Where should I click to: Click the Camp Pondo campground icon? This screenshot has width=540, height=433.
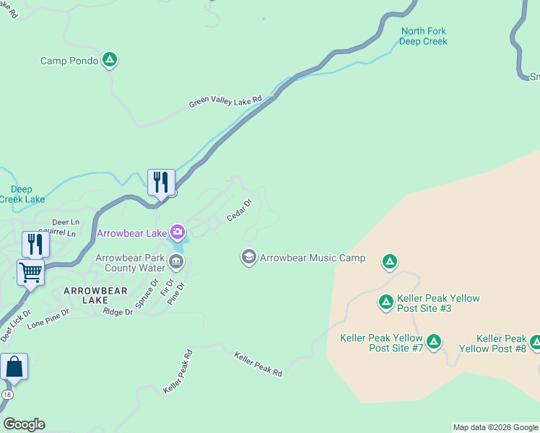point(109,60)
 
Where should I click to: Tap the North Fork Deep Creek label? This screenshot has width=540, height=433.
point(424,36)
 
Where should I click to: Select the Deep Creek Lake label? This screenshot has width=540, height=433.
point(22,194)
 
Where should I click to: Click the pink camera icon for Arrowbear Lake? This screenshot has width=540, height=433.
point(177,232)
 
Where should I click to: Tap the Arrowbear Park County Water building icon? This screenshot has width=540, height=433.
point(175,260)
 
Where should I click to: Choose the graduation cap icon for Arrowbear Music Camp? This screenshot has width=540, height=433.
point(249,258)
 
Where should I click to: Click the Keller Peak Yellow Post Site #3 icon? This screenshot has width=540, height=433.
point(386,302)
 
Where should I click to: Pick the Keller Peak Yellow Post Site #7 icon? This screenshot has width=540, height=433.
point(433,341)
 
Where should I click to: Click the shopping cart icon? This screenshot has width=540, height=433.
point(30,272)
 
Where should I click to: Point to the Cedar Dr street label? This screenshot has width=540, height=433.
point(239,210)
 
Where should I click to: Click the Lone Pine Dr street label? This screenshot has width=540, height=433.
point(48,320)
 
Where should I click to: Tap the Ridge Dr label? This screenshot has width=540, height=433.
point(118,312)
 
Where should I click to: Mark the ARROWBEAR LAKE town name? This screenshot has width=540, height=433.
point(95,295)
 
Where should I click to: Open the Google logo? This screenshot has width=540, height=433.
point(24,424)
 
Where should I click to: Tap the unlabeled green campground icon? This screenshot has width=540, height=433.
point(390,261)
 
